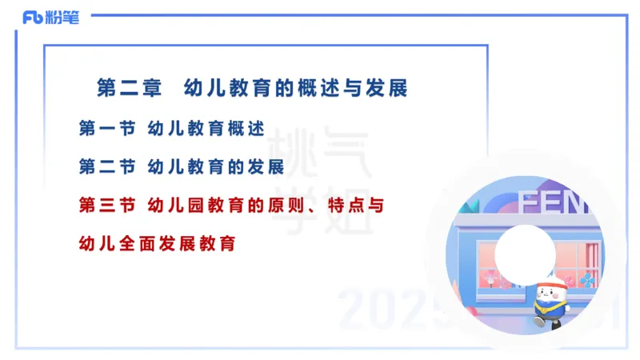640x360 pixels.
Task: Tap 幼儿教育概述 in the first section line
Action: [x=206, y=128]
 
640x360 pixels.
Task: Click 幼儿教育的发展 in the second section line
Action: [x=217, y=167]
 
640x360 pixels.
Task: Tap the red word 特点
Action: [x=348, y=206]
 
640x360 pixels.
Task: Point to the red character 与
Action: [x=376, y=206]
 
